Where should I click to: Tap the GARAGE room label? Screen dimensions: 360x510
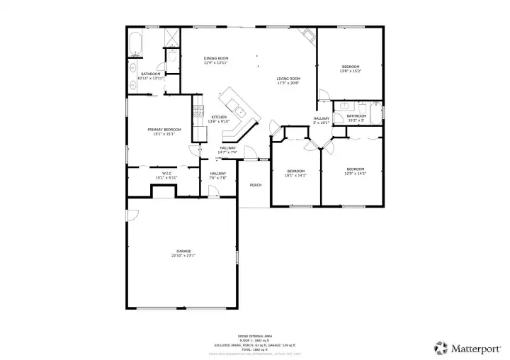[x=183, y=252]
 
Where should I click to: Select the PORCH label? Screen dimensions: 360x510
[x=255, y=185]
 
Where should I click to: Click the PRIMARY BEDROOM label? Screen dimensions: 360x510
[x=164, y=130]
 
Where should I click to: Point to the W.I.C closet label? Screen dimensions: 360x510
[x=166, y=173]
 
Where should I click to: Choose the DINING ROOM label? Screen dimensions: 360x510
[x=216, y=58]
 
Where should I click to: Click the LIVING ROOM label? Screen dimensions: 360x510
[x=288, y=79]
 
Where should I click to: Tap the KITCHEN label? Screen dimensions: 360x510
[x=220, y=117]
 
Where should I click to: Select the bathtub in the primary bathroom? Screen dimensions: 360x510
[x=136, y=43]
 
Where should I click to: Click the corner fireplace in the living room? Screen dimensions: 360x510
[x=305, y=35]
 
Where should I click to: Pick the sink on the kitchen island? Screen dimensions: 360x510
[x=241, y=111]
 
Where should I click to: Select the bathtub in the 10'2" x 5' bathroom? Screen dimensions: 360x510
[x=376, y=112]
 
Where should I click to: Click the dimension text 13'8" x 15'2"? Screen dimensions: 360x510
[x=350, y=71]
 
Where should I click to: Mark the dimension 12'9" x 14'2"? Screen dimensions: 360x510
[x=355, y=173]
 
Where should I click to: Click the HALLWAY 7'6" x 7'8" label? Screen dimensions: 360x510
[x=217, y=177]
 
